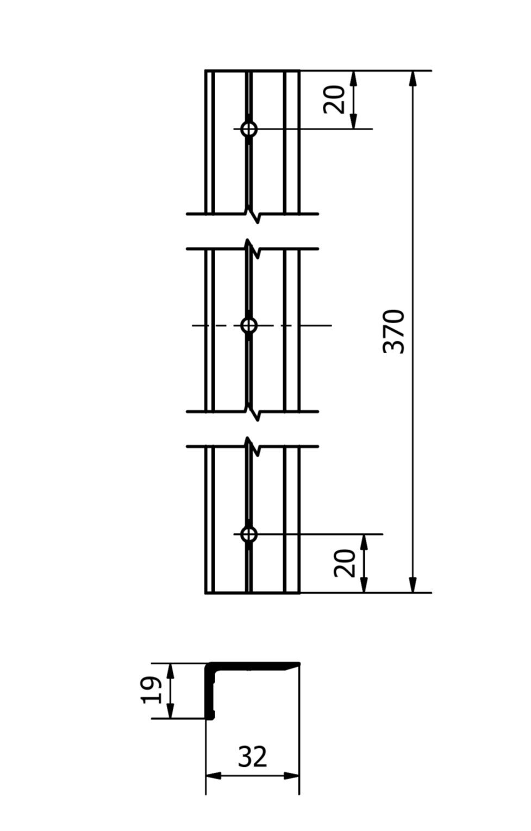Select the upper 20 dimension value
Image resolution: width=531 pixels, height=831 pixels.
[334, 99]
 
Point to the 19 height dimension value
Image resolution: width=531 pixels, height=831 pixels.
[151, 690]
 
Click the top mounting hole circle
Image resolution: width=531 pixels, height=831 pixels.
[248, 129]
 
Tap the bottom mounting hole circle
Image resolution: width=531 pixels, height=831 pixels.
[248, 534]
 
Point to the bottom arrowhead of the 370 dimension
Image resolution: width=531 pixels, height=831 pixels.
[413, 584]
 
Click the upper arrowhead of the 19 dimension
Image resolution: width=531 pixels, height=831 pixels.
[170, 671]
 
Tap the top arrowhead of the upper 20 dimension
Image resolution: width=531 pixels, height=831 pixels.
[354, 79]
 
